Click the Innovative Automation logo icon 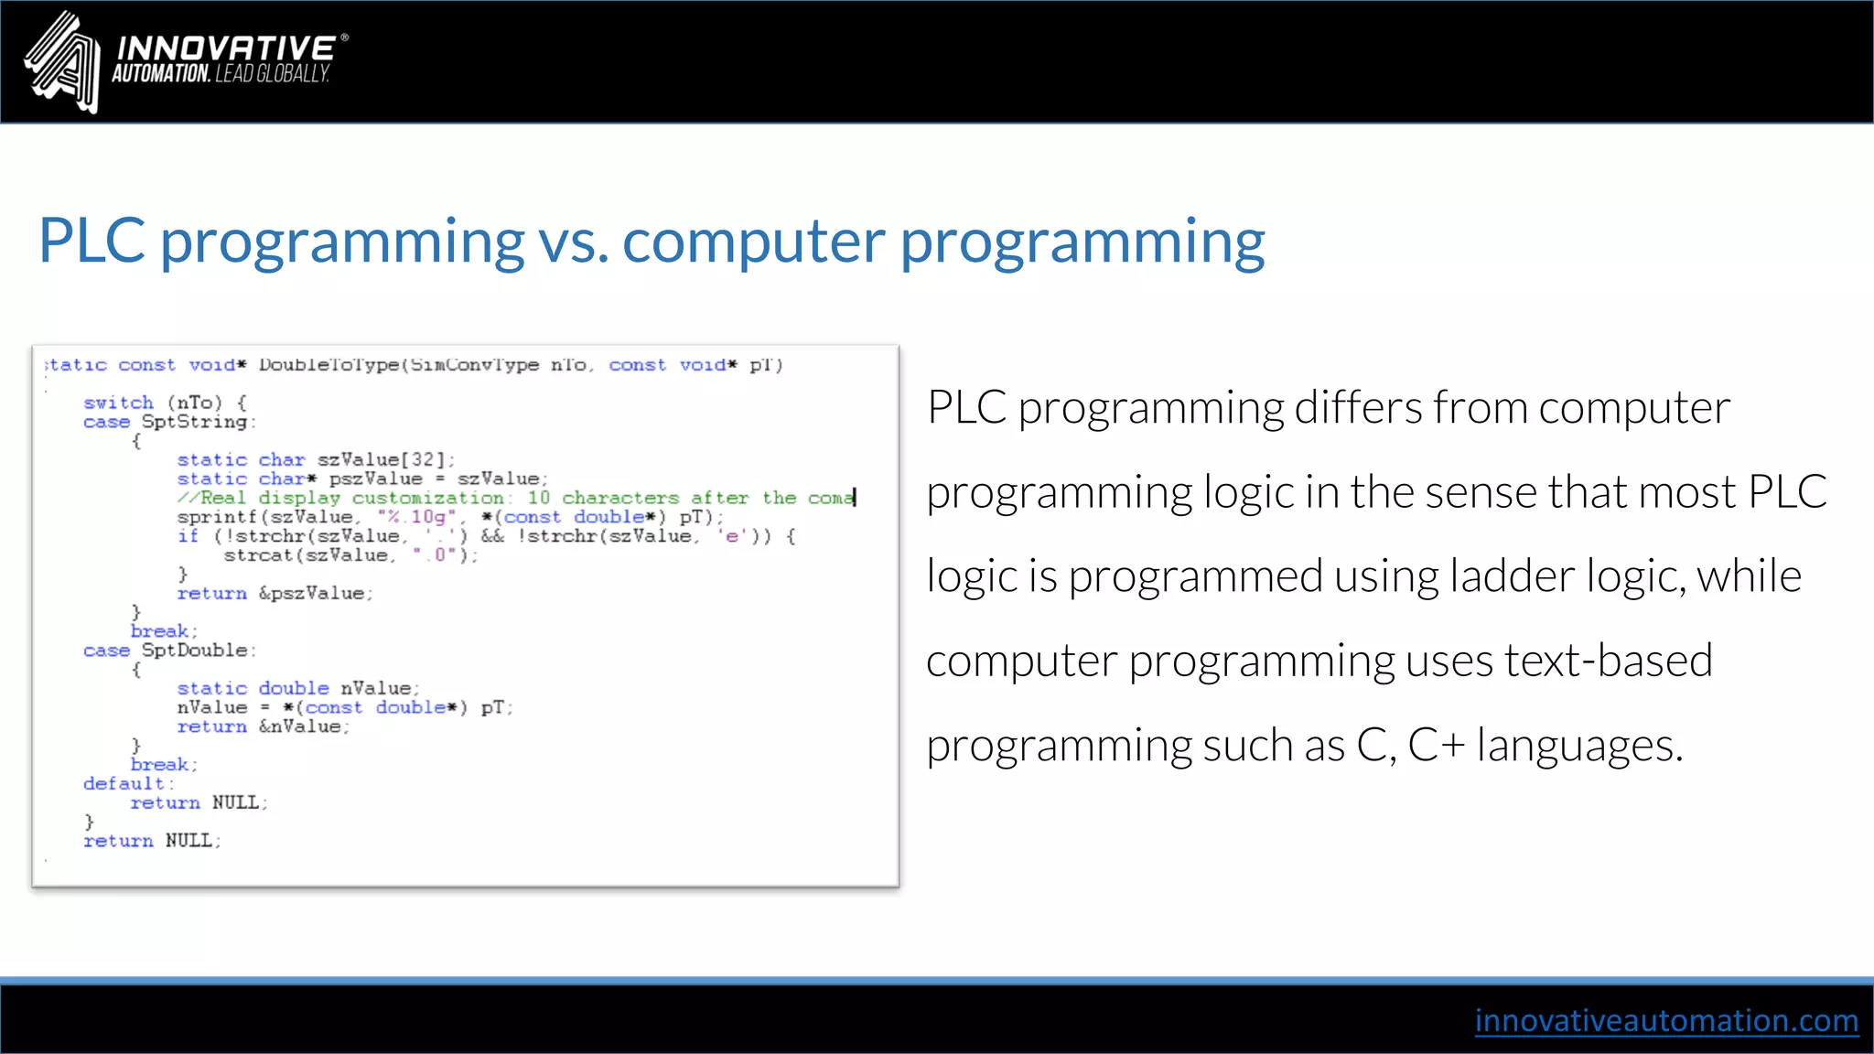pyautogui.click(x=62, y=62)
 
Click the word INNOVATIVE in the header pyautogui.click(x=226, y=48)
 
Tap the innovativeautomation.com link pyautogui.click(x=1665, y=1020)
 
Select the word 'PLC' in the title pyautogui.click(x=92, y=242)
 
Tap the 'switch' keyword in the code pyautogui.click(x=118, y=403)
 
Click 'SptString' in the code pyautogui.click(x=195, y=422)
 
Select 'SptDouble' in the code pyautogui.click(x=195, y=651)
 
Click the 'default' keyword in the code pyautogui.click(x=124, y=784)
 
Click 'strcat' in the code pyautogui.click(x=258, y=555)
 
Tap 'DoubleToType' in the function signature pyautogui.click(x=328, y=365)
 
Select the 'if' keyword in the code pyautogui.click(x=188, y=536)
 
